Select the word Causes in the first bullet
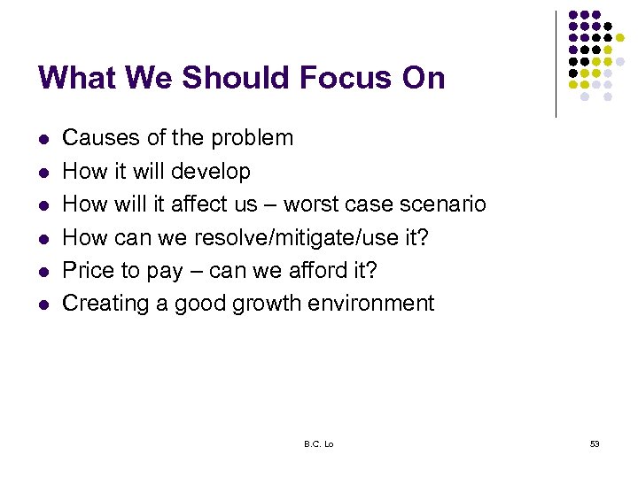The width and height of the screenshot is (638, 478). (x=95, y=138)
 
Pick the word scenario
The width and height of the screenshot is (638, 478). (x=442, y=204)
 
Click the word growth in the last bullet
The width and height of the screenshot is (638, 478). (x=259, y=304)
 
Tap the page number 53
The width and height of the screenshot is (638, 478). (x=594, y=443)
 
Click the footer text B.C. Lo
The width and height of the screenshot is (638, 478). (x=318, y=443)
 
